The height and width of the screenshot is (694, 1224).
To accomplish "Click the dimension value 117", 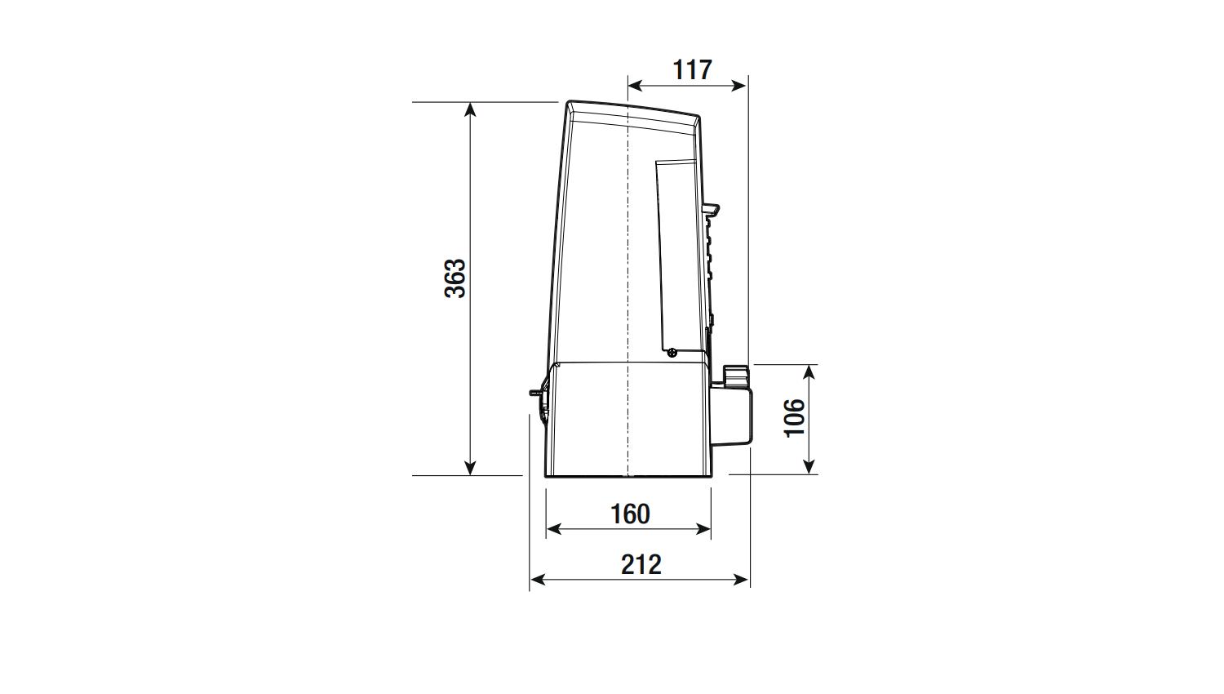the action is pos(692,70).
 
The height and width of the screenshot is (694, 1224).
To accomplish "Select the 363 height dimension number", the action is pos(455,278).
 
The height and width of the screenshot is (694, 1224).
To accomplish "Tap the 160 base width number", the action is pos(630,514).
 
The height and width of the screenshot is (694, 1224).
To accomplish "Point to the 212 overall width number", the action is pos(641,565).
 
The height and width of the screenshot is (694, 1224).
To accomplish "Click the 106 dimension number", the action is pos(795,418).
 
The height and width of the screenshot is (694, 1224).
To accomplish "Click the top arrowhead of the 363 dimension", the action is pos(470,109).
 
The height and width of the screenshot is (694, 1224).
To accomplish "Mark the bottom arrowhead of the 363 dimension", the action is pos(470,468).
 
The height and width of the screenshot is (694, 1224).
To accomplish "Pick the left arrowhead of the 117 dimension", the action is pos(636,85).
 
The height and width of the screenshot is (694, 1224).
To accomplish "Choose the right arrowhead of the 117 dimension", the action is pos(738,85).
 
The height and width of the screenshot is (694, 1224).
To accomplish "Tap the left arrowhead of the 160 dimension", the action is pos(554,529).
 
